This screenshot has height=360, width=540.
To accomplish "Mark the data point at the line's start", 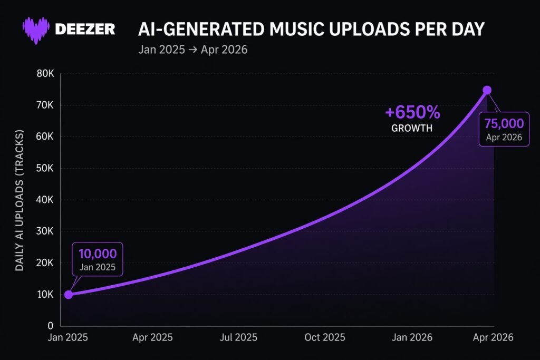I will click(x=69, y=294).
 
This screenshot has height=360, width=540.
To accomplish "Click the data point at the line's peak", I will click(x=487, y=90).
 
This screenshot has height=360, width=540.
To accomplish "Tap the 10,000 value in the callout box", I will click(x=97, y=254).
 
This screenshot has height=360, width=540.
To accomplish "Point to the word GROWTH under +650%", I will click(x=412, y=128).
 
